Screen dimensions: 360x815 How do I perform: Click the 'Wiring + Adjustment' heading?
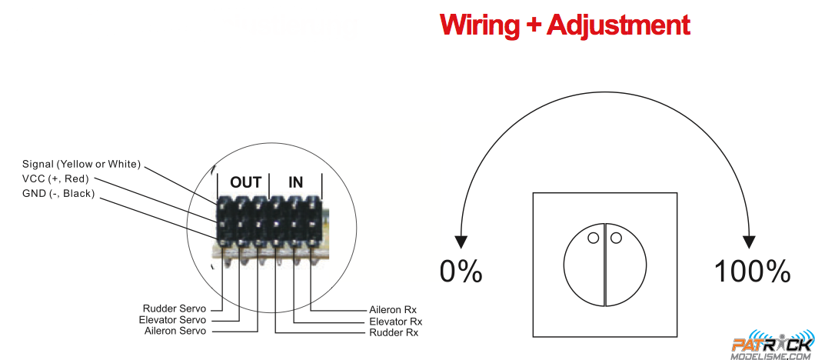564,25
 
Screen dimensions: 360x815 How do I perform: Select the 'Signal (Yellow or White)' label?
81,164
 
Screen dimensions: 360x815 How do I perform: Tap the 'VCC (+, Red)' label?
55,178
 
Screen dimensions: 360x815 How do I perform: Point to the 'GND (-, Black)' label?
58,193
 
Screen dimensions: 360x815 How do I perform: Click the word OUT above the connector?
246,182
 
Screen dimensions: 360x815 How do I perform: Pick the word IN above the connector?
295,182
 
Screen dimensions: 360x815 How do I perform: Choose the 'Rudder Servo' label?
175,308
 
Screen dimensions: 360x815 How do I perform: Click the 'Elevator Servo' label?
172,319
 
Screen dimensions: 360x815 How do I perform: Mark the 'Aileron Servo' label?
175,331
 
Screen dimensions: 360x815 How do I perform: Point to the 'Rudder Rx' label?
394,332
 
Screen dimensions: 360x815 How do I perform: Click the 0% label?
461,271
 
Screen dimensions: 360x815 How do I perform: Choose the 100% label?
753,271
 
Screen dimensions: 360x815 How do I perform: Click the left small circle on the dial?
594,238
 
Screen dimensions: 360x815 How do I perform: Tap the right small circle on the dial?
616,238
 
